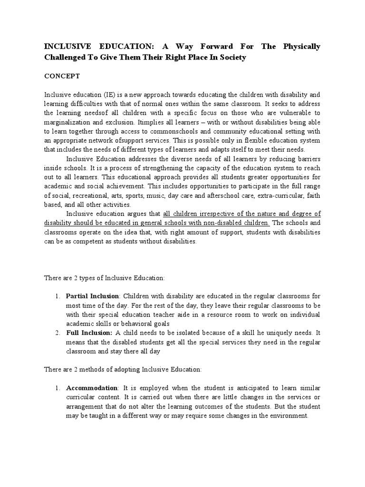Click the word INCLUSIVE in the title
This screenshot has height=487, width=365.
click(67, 47)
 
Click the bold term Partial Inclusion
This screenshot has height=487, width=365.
click(92, 296)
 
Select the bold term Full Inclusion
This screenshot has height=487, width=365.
click(88, 333)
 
